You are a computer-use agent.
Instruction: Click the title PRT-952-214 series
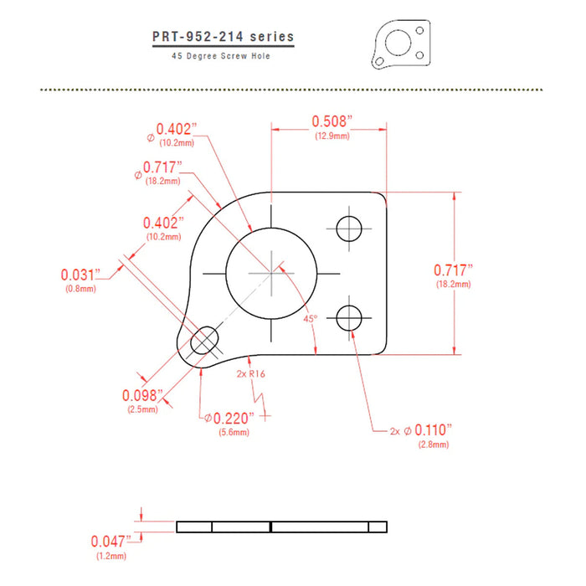[x=223, y=37]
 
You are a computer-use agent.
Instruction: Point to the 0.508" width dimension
[x=331, y=121]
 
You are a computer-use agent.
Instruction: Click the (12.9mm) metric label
[x=332, y=136]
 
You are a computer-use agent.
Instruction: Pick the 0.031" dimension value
[x=80, y=275]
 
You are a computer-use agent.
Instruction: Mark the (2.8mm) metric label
[x=433, y=445]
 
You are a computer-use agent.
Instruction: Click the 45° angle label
[x=310, y=319]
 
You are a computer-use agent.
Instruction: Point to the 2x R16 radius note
[x=250, y=374]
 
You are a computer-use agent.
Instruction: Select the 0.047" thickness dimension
[x=112, y=541]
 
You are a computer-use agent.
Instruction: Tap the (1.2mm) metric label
[x=111, y=555]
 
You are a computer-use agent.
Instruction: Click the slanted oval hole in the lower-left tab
[x=204, y=341]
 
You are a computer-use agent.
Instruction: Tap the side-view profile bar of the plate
[x=282, y=527]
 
